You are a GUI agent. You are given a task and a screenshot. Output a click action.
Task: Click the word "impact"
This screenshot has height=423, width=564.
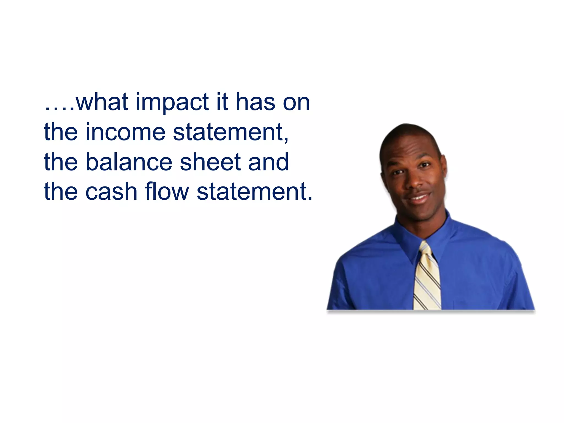coord(172,102)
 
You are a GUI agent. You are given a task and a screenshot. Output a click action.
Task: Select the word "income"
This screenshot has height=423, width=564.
coord(125,132)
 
